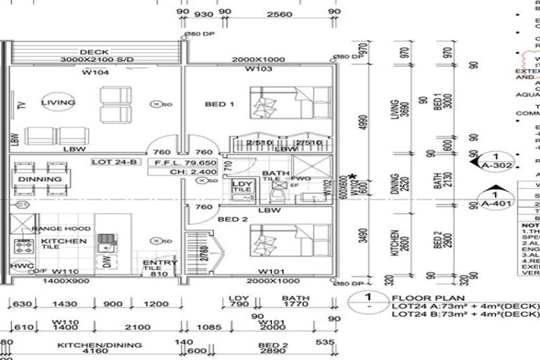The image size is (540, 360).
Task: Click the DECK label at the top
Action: click(94, 52)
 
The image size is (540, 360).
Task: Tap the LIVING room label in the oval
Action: click(58, 103)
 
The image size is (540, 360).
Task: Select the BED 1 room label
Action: click(219, 104)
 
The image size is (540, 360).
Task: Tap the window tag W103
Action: click(259, 70)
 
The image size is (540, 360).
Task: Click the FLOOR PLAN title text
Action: click(420, 297)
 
